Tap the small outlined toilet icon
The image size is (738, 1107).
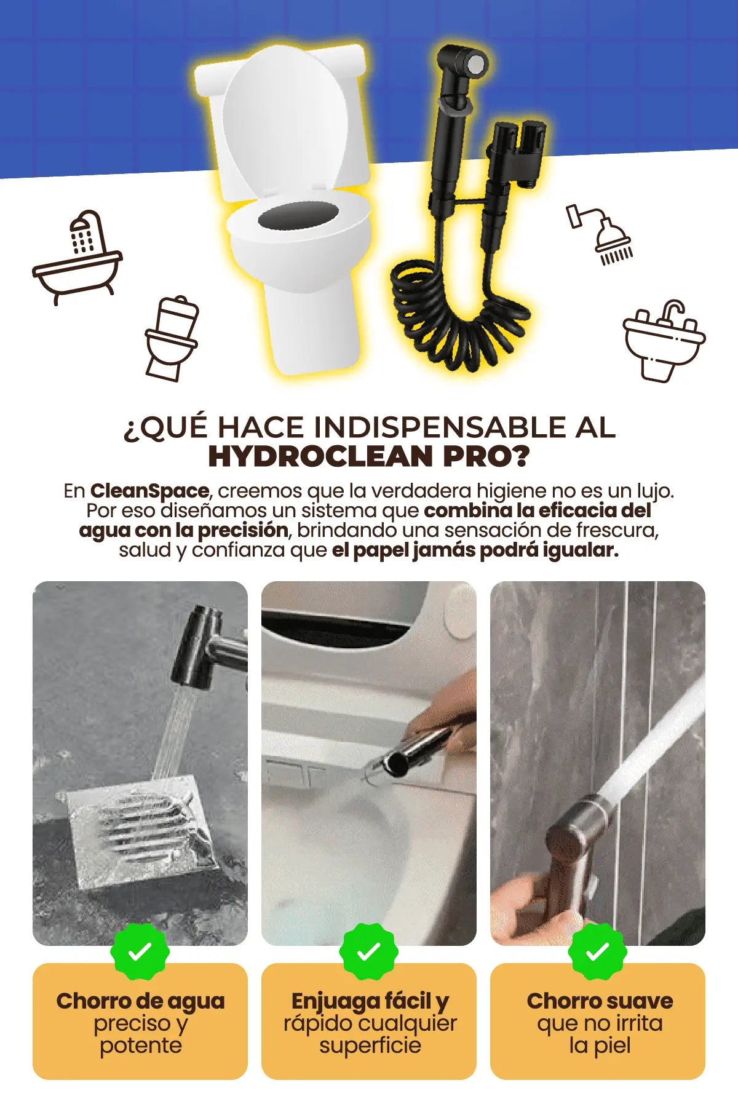pyautogui.click(x=171, y=338)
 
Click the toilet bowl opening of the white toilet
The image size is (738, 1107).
pyautogui.click(x=299, y=216)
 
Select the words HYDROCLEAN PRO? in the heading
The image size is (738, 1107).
pyautogui.click(x=369, y=456)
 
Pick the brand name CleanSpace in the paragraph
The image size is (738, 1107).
pyautogui.click(x=149, y=491)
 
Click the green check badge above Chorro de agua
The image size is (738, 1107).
pyautogui.click(x=140, y=952)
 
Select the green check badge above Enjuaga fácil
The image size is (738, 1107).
pyautogui.click(x=369, y=952)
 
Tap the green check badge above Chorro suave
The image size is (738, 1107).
pyautogui.click(x=598, y=952)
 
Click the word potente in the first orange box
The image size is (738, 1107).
pyautogui.click(x=141, y=1045)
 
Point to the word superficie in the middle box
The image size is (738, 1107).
pyautogui.click(x=370, y=1045)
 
